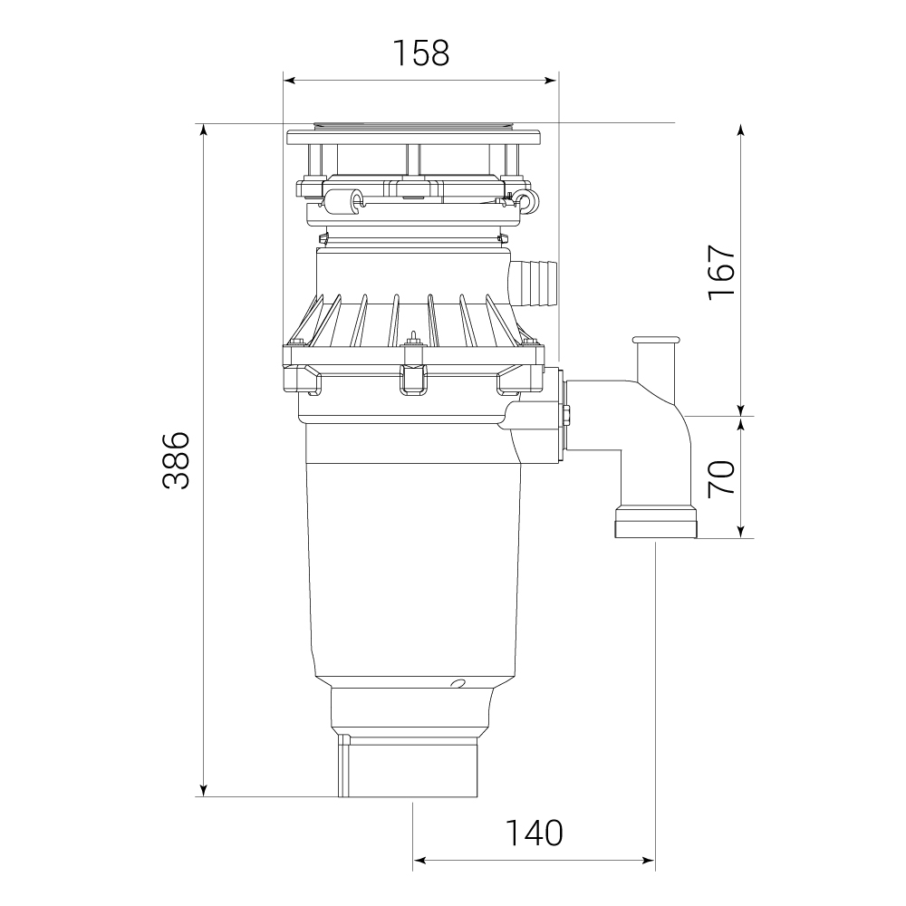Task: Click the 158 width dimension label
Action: (x=420, y=53)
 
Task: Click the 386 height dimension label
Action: (x=176, y=460)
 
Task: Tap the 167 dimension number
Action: (x=722, y=272)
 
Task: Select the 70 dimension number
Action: (x=722, y=477)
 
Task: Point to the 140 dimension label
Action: (x=534, y=833)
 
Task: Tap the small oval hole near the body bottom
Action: (x=458, y=683)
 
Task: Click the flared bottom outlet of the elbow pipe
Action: (x=656, y=523)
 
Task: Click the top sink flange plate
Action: (x=414, y=137)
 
